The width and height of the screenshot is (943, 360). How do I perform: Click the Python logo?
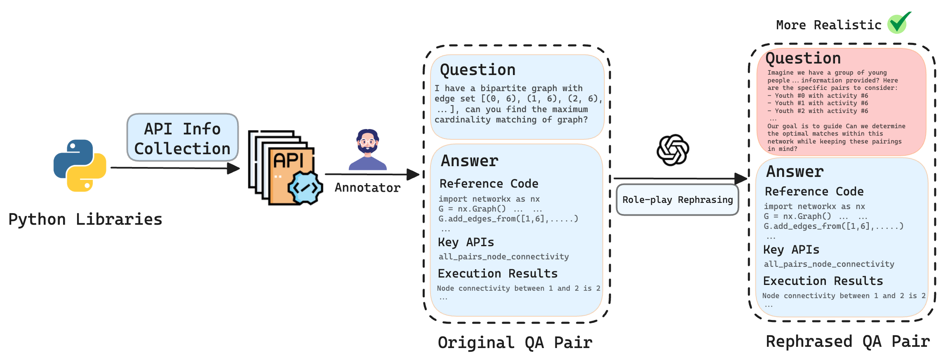click(80, 165)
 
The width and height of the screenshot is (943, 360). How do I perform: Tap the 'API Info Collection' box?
click(182, 138)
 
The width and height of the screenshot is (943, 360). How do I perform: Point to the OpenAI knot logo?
click(673, 150)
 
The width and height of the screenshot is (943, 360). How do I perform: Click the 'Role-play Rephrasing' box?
click(677, 200)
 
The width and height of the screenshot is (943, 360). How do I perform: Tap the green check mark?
click(899, 23)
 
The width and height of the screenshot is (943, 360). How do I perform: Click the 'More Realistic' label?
click(828, 25)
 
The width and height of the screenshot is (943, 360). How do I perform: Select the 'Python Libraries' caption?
click(85, 219)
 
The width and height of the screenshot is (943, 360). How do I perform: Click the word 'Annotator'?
click(367, 188)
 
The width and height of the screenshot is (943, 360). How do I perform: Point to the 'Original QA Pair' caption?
click(515, 343)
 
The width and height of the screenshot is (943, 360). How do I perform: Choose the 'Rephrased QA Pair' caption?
click(848, 341)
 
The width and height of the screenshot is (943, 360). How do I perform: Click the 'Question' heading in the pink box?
click(803, 59)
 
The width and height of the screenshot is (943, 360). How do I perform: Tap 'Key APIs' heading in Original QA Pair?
click(466, 242)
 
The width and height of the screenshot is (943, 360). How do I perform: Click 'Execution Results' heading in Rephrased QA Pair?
click(823, 281)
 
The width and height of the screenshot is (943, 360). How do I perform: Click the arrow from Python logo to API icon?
click(173, 168)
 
